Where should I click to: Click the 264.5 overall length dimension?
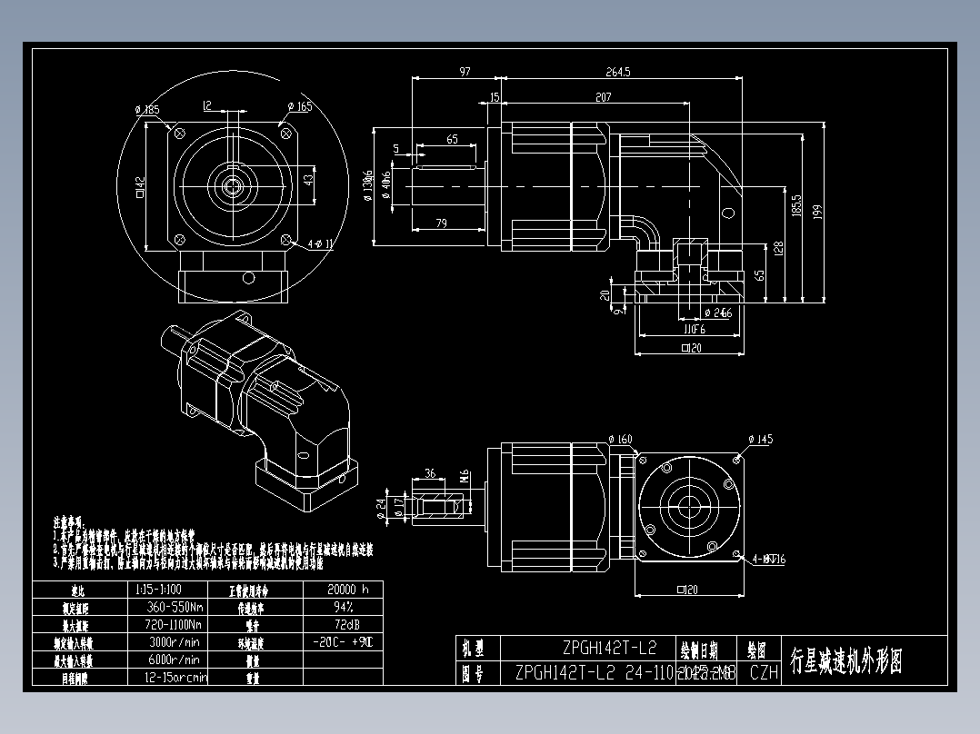tap(617, 71)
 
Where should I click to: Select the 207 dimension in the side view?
tap(604, 96)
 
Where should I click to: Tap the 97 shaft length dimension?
tap(465, 71)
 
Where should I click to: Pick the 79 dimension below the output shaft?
tap(441, 223)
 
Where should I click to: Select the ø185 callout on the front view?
tap(147, 109)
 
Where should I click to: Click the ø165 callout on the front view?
tap(300, 106)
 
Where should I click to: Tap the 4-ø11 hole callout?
tap(321, 244)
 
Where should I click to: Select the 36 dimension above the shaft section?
tap(430, 473)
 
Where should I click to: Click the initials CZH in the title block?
tap(764, 673)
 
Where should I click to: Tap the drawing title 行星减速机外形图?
tap(847, 661)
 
